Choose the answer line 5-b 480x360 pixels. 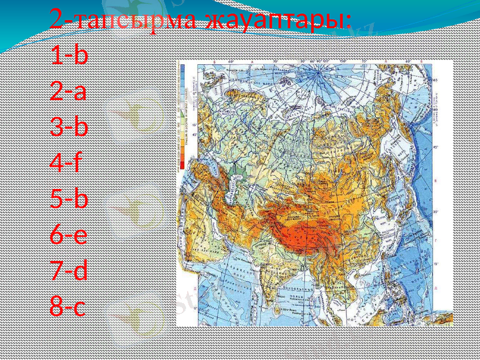(70, 199)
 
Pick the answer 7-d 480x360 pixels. (70, 271)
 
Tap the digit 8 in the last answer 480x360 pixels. (57, 307)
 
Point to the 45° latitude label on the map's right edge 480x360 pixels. (436, 147)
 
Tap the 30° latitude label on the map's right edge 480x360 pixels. (436, 212)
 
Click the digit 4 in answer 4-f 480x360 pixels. (58, 163)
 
